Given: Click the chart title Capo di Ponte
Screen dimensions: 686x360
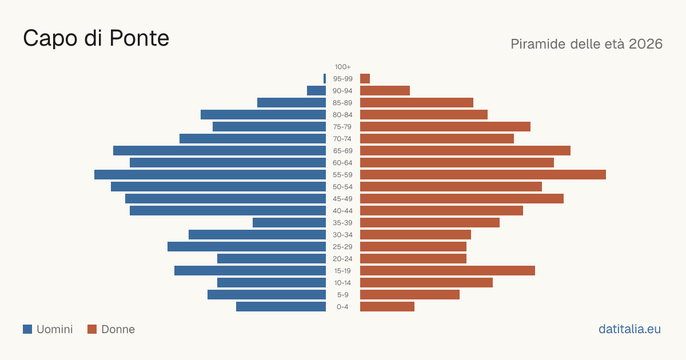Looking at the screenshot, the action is click(x=96, y=38).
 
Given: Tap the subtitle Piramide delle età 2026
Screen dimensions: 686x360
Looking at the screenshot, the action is click(x=587, y=44).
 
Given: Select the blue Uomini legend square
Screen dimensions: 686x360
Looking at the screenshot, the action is click(x=27, y=329).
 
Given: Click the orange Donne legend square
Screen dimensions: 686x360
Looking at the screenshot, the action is click(x=92, y=329).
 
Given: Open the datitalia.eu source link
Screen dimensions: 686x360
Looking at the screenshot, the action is click(x=629, y=329).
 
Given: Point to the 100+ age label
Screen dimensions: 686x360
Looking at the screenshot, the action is click(x=342, y=67).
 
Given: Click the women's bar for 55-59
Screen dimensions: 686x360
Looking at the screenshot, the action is click(x=483, y=174).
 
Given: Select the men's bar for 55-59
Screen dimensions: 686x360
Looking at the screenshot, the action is click(x=210, y=174).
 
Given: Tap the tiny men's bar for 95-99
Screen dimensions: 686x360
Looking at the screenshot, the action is click(x=325, y=79).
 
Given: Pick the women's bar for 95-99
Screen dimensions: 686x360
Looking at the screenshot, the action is click(x=365, y=79).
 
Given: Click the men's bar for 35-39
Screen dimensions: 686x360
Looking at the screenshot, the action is click(x=289, y=222).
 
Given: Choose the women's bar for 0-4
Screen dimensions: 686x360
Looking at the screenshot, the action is click(x=387, y=306).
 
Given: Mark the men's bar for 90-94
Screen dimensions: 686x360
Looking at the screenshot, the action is click(x=316, y=91).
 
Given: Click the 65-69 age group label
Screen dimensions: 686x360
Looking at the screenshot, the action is click(x=342, y=151).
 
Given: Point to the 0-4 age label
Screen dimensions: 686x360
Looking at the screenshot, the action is click(x=342, y=307).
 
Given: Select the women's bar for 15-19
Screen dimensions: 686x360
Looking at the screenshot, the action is click(x=448, y=271).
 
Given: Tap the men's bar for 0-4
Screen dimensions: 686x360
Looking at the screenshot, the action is click(x=281, y=306).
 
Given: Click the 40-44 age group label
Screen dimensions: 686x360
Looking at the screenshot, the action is click(x=342, y=211).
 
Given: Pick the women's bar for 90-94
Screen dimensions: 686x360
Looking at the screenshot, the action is click(x=385, y=91).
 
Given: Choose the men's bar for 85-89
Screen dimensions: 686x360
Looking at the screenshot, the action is click(x=292, y=102).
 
